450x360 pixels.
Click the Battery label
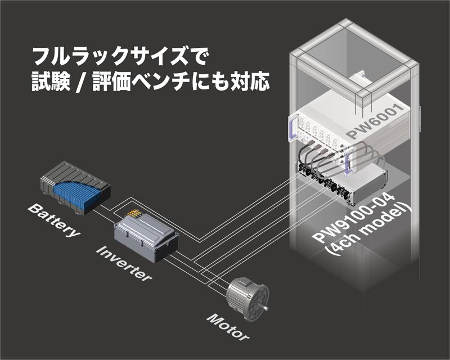[x=53, y=223]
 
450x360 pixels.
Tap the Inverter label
[x=124, y=263]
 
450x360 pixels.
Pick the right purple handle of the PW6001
[x=351, y=163]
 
